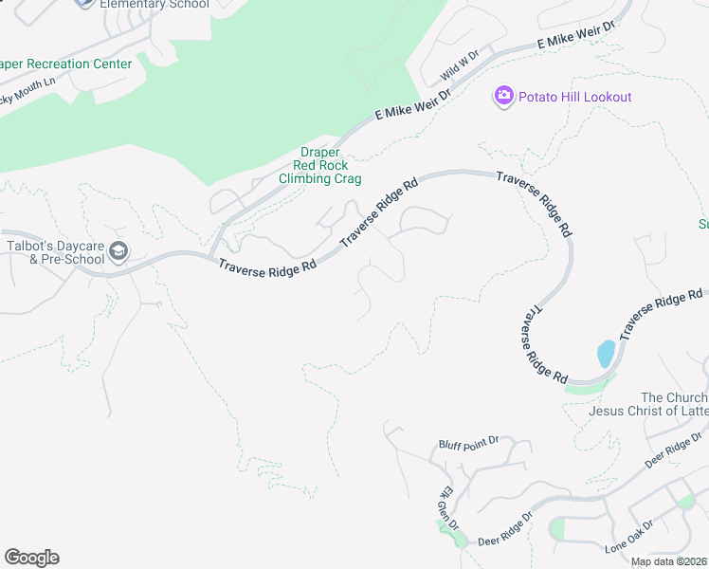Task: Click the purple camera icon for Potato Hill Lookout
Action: [503, 95]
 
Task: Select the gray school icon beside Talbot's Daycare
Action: [119, 251]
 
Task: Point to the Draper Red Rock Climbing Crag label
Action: [320, 165]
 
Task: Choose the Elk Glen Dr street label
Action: [447, 509]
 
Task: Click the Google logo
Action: [31, 558]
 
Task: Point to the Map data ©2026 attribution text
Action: [668, 561]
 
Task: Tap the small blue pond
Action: [606, 354]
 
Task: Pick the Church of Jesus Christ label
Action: [664, 404]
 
